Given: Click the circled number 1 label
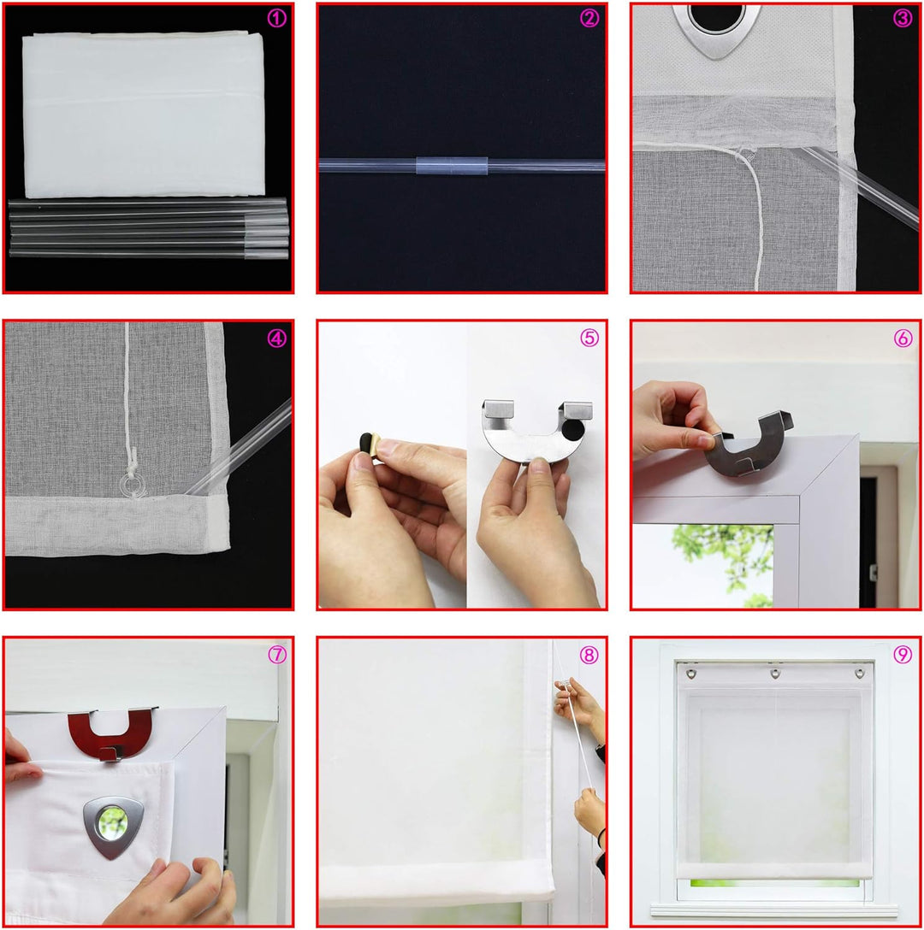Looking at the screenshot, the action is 276,19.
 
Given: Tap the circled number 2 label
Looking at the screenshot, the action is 589,19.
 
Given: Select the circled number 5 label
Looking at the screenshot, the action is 589,338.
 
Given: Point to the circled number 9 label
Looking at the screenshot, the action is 903,654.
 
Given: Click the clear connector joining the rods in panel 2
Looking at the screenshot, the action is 452,166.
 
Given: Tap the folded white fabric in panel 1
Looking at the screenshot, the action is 143,115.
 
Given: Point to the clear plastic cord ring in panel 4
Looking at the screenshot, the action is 132,485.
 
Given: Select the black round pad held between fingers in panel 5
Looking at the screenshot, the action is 366,444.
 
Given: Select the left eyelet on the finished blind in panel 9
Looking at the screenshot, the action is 690,674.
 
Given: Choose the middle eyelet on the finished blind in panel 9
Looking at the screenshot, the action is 774,674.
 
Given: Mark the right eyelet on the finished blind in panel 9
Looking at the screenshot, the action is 859,674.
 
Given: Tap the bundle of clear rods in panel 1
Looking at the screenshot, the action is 149,228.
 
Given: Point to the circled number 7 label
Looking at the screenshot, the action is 276,654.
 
